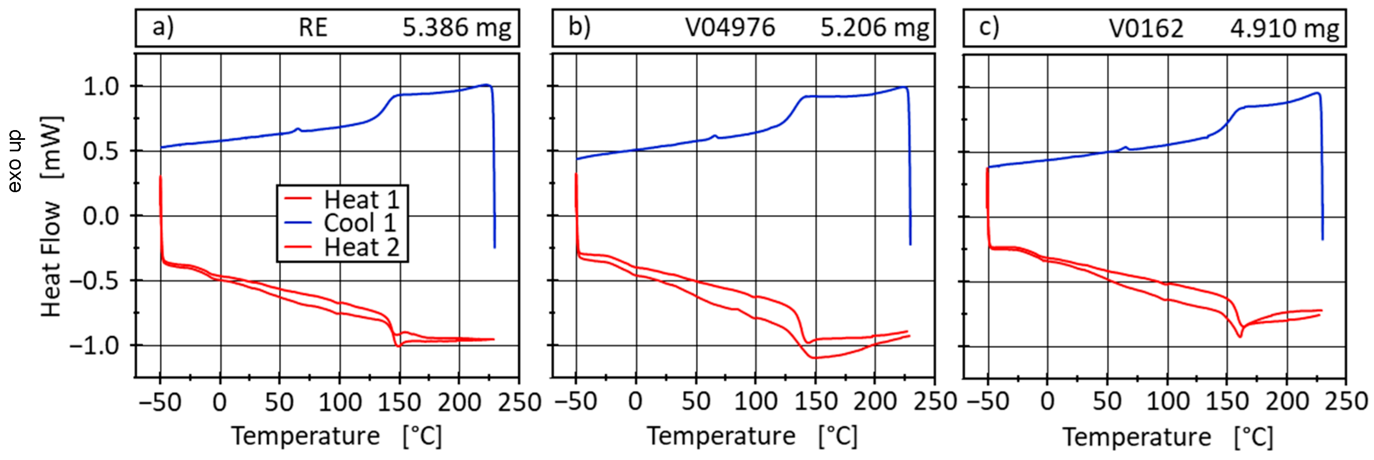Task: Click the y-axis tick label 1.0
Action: pos(108,86)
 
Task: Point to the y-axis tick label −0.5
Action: pos(101,281)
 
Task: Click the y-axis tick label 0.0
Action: pos(108,216)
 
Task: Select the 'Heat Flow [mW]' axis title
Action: pos(52,216)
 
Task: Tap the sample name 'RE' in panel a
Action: pos(313,28)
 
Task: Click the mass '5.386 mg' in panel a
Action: pos(456,28)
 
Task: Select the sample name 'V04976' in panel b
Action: pos(730,28)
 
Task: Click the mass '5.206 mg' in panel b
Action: pos(874,28)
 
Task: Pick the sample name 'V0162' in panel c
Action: pos(1146,28)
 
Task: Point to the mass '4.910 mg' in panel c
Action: pos(1284,28)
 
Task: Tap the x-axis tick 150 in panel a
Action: pos(399,401)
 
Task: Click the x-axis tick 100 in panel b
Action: pos(755,401)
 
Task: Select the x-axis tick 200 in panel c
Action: pos(1287,401)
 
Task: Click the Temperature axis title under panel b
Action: pos(752,436)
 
